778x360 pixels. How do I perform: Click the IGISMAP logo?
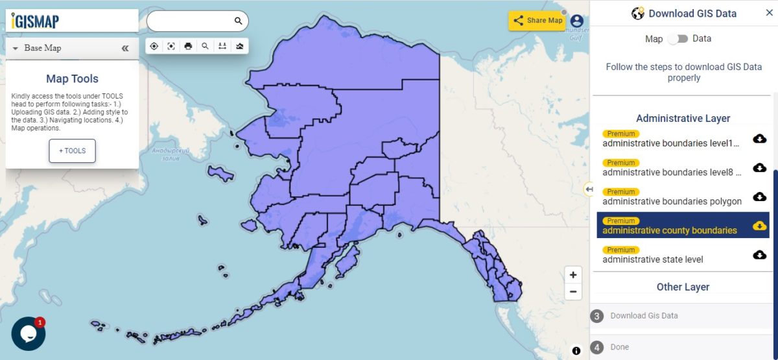tap(36, 21)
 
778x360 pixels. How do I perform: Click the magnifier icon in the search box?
tap(239, 21)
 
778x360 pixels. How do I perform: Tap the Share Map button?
tap(537, 20)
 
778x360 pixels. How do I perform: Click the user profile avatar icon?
tap(576, 21)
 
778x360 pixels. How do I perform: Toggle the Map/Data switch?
tap(678, 39)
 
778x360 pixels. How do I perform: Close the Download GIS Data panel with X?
tap(770, 13)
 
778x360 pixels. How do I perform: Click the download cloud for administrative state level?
tap(760, 255)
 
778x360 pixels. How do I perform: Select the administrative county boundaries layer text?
tap(670, 230)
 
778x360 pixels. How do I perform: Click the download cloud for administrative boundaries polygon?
tap(760, 197)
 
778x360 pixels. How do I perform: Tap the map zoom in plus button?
tap(573, 275)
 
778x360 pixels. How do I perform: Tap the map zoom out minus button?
tap(573, 291)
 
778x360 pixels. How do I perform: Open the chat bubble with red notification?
tap(28, 333)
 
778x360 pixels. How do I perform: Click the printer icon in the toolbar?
tap(188, 46)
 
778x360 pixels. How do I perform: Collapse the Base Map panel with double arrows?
tap(125, 48)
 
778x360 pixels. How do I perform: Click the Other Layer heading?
tap(683, 287)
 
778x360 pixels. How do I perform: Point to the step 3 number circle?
tap(596, 316)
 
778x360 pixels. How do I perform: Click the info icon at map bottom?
tap(576, 351)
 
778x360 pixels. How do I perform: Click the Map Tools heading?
tap(72, 79)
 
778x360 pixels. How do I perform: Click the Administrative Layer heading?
tap(683, 118)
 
